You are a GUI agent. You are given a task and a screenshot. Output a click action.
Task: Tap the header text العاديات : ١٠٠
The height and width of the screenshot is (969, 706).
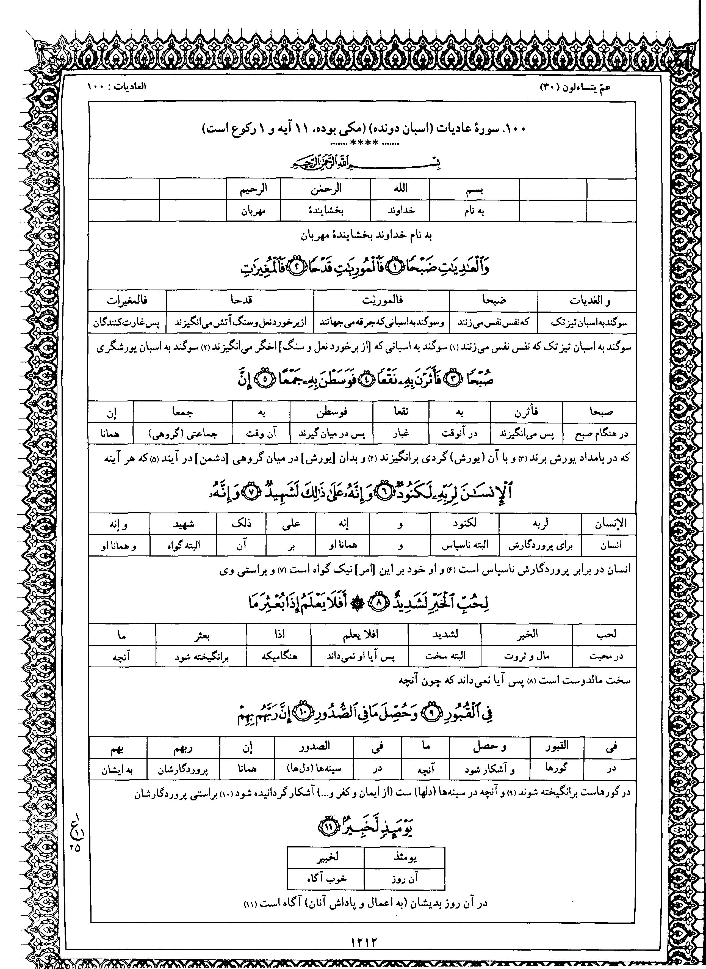point(116,86)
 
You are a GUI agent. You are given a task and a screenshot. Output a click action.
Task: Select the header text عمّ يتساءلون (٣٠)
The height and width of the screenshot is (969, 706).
point(576,87)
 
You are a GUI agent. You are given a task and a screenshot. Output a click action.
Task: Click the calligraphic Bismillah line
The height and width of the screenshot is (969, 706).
point(366,163)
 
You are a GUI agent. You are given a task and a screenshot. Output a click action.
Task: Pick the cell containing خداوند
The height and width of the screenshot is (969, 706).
point(400,211)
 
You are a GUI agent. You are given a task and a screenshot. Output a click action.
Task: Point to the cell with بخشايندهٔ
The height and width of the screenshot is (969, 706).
point(326,211)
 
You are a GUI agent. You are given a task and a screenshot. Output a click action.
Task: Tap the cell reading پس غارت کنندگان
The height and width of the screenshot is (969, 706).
point(127,323)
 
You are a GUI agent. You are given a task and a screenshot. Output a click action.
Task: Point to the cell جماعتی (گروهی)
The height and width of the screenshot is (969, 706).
point(183,434)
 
